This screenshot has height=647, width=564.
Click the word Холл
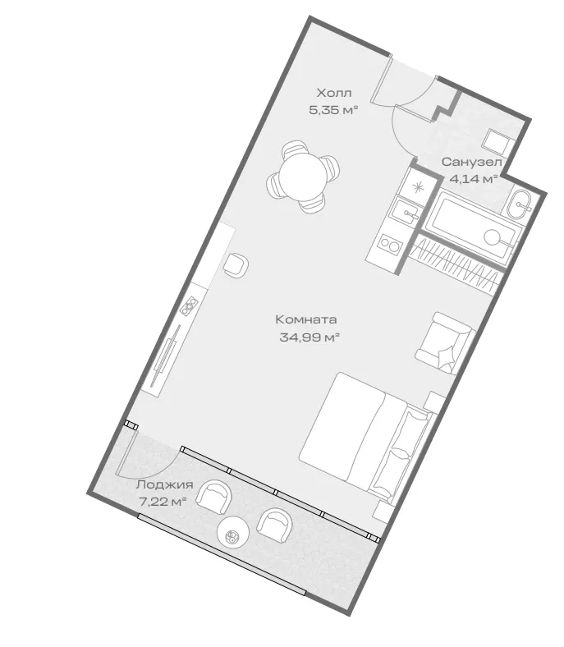pos(334,93)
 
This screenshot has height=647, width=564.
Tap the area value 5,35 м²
pos(333,110)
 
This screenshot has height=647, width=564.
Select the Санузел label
pos(472,162)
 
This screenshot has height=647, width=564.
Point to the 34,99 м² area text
pos(310,337)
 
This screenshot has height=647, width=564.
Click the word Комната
pos(306,319)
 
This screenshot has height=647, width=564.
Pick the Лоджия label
pos(165,484)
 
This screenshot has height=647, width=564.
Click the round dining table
pos(303,176)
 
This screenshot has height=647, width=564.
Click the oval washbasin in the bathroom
pos(519,204)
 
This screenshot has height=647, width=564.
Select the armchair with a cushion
pos(445,343)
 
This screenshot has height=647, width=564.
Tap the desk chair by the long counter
pos(236,265)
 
